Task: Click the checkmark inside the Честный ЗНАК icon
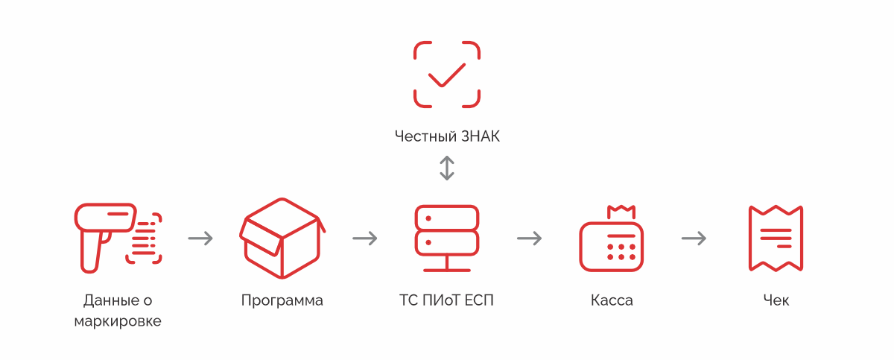446,75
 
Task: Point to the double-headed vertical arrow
446,168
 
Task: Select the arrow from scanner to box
200,239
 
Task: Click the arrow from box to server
365,239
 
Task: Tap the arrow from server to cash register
530,239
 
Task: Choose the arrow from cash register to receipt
694,239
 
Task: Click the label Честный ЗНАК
446,136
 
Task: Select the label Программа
282,301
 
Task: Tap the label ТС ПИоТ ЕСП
446,301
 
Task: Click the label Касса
612,301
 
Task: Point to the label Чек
776,301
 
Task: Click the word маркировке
118,322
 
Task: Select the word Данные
110,301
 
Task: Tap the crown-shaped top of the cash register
620,212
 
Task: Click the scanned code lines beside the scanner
145,238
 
